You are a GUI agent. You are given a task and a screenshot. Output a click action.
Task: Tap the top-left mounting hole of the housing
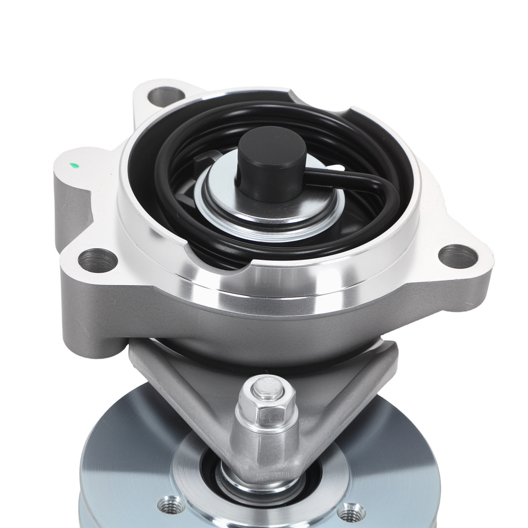click(x=163, y=97)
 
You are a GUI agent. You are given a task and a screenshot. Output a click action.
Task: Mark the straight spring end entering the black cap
click(x=338, y=180)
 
